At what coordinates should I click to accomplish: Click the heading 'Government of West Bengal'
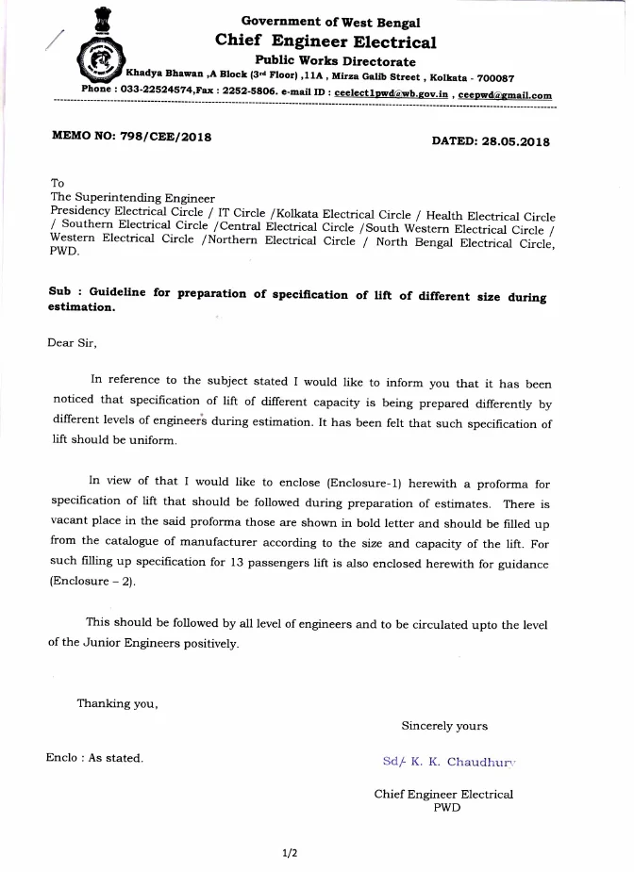(x=330, y=22)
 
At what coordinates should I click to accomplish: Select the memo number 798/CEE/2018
(x=166, y=137)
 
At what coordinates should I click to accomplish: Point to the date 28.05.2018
(x=517, y=140)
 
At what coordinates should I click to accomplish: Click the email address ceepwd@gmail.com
(x=506, y=95)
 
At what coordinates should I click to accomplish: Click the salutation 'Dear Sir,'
(x=72, y=343)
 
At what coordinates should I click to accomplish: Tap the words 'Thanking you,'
(x=117, y=703)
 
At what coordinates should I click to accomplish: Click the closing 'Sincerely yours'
(x=444, y=726)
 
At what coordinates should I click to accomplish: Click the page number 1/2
(x=290, y=853)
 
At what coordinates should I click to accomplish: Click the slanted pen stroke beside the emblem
(x=54, y=39)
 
